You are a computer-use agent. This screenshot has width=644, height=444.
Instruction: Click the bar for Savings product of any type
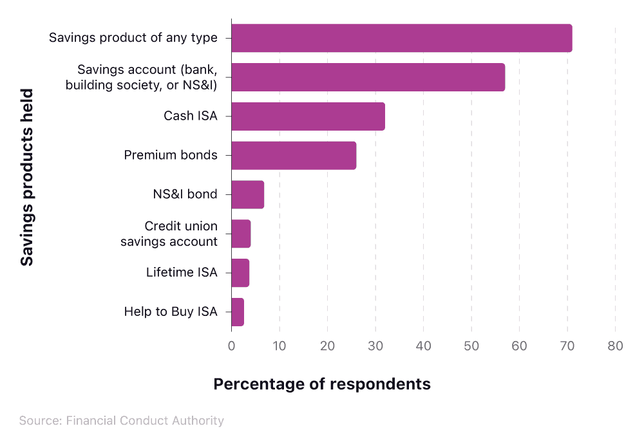(x=401, y=38)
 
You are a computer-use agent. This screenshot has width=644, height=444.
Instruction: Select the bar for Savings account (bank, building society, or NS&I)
(x=368, y=77)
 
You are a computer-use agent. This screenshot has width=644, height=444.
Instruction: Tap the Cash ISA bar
(x=308, y=116)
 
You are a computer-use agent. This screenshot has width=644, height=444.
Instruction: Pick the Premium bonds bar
(x=294, y=156)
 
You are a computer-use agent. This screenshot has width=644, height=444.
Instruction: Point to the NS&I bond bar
(x=247, y=195)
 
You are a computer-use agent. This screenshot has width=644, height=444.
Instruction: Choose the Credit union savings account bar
(x=241, y=234)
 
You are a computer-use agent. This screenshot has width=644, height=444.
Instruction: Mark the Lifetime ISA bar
(x=240, y=273)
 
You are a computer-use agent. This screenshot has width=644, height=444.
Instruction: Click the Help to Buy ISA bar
(x=238, y=312)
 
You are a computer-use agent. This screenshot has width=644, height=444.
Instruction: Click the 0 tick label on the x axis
(x=232, y=346)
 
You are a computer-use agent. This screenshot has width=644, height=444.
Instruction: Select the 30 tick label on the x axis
(x=375, y=346)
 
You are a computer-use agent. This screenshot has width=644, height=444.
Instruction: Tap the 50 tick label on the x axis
(x=471, y=346)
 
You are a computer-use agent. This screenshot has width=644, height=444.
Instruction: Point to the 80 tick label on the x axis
(x=615, y=346)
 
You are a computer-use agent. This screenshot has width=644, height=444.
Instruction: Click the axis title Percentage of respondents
(x=322, y=384)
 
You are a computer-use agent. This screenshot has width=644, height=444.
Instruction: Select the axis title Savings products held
(x=26, y=177)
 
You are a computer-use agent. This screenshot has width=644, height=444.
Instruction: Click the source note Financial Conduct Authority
(x=122, y=421)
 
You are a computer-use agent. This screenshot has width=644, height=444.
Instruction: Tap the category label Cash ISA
(x=190, y=116)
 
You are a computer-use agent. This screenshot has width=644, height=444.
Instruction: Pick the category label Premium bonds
(x=171, y=155)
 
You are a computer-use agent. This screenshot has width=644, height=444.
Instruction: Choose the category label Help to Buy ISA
(x=171, y=312)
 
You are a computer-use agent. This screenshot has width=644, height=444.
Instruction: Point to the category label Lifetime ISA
(x=182, y=273)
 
